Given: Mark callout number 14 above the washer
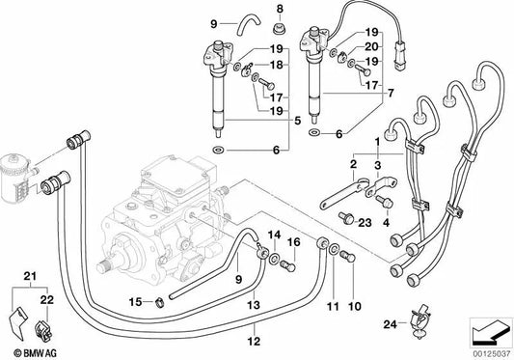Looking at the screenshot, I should pos(275,235).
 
